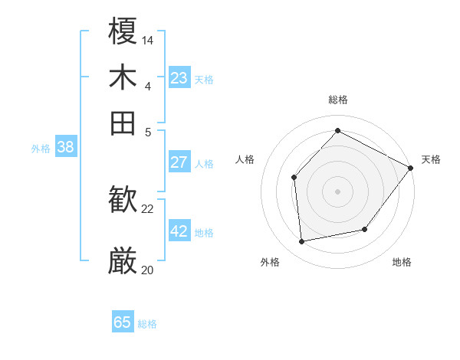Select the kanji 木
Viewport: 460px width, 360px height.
123,77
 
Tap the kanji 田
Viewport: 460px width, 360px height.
123,123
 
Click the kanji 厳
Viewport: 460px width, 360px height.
123,261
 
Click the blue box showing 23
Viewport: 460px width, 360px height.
179,78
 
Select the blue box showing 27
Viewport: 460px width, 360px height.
179,162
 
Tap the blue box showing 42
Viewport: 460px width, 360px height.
179,231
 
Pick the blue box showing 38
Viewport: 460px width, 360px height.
65,148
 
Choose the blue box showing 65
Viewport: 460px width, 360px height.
123,322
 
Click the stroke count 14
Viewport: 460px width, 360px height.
148,39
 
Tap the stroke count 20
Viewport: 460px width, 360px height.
148,270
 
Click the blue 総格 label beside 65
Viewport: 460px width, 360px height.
147,324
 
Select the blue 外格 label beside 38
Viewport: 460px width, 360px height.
41,149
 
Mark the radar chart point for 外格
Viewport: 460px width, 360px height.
302,242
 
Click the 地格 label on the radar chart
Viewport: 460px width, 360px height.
402,263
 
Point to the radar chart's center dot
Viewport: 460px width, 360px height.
337,191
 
